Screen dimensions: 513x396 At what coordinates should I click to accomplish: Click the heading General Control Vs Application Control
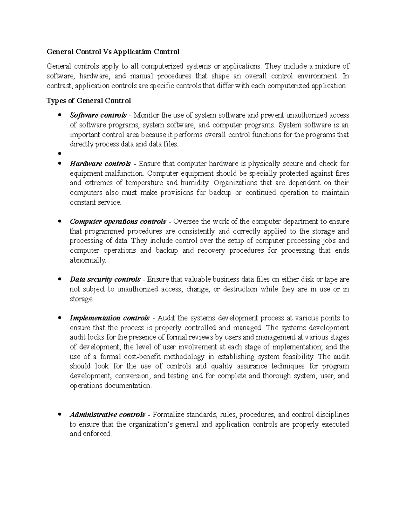[x=113, y=52]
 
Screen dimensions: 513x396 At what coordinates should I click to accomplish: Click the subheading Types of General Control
[x=89, y=100]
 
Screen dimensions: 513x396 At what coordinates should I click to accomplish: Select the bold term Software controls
[x=98, y=115]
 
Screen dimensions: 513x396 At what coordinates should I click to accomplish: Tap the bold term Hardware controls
[x=100, y=164]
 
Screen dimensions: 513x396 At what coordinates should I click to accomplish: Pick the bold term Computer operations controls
[x=118, y=221]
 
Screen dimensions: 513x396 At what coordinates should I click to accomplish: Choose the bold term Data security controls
[x=105, y=279]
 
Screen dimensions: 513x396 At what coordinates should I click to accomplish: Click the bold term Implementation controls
[x=110, y=318]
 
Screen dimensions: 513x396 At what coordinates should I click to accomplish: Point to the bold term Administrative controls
[x=107, y=415]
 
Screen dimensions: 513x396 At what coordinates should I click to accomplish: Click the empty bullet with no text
[x=59, y=154]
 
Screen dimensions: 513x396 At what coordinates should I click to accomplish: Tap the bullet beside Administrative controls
[x=59, y=415]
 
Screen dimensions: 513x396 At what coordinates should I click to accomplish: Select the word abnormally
[x=88, y=260]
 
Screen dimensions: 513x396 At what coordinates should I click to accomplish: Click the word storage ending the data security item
[x=81, y=299]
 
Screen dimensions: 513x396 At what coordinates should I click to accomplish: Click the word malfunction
[x=127, y=173]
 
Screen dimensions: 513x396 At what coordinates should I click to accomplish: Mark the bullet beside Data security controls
[x=59, y=279]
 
